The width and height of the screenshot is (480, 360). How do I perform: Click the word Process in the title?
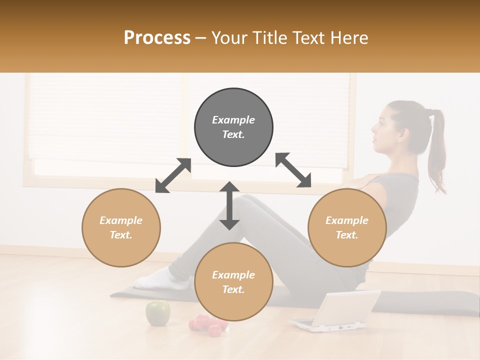pos(157,38)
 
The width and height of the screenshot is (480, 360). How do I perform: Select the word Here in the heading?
pos(349,38)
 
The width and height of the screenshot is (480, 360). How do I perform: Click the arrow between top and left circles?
pos(173,175)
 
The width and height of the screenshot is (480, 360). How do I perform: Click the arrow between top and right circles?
pos(293,170)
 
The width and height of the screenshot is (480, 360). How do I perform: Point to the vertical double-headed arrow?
pos(229,205)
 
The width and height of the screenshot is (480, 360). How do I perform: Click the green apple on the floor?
pos(157,312)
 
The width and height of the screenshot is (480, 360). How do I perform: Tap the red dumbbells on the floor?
pos(207,325)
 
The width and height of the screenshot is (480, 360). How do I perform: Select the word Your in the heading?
pos(230,38)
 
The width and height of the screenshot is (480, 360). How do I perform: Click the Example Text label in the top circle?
pos(233,127)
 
